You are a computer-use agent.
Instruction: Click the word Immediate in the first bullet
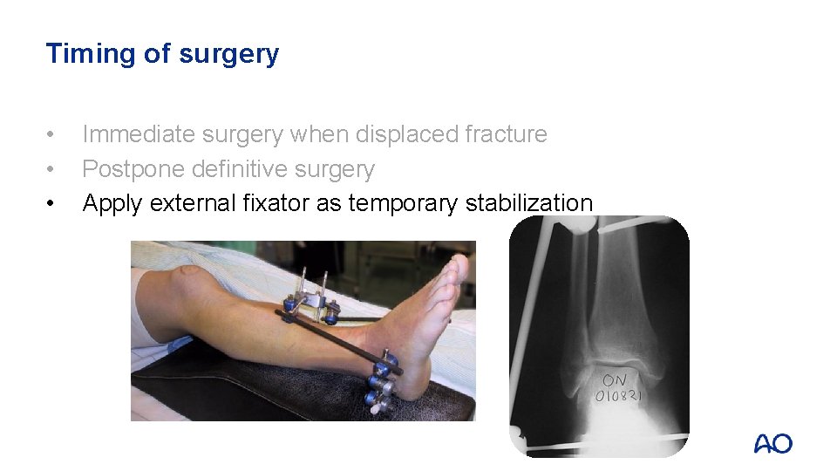139,134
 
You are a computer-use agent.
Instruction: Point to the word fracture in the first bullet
506,134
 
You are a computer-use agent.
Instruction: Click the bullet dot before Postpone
53,169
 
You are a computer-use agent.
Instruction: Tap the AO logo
772,443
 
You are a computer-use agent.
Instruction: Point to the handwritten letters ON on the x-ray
614,380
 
